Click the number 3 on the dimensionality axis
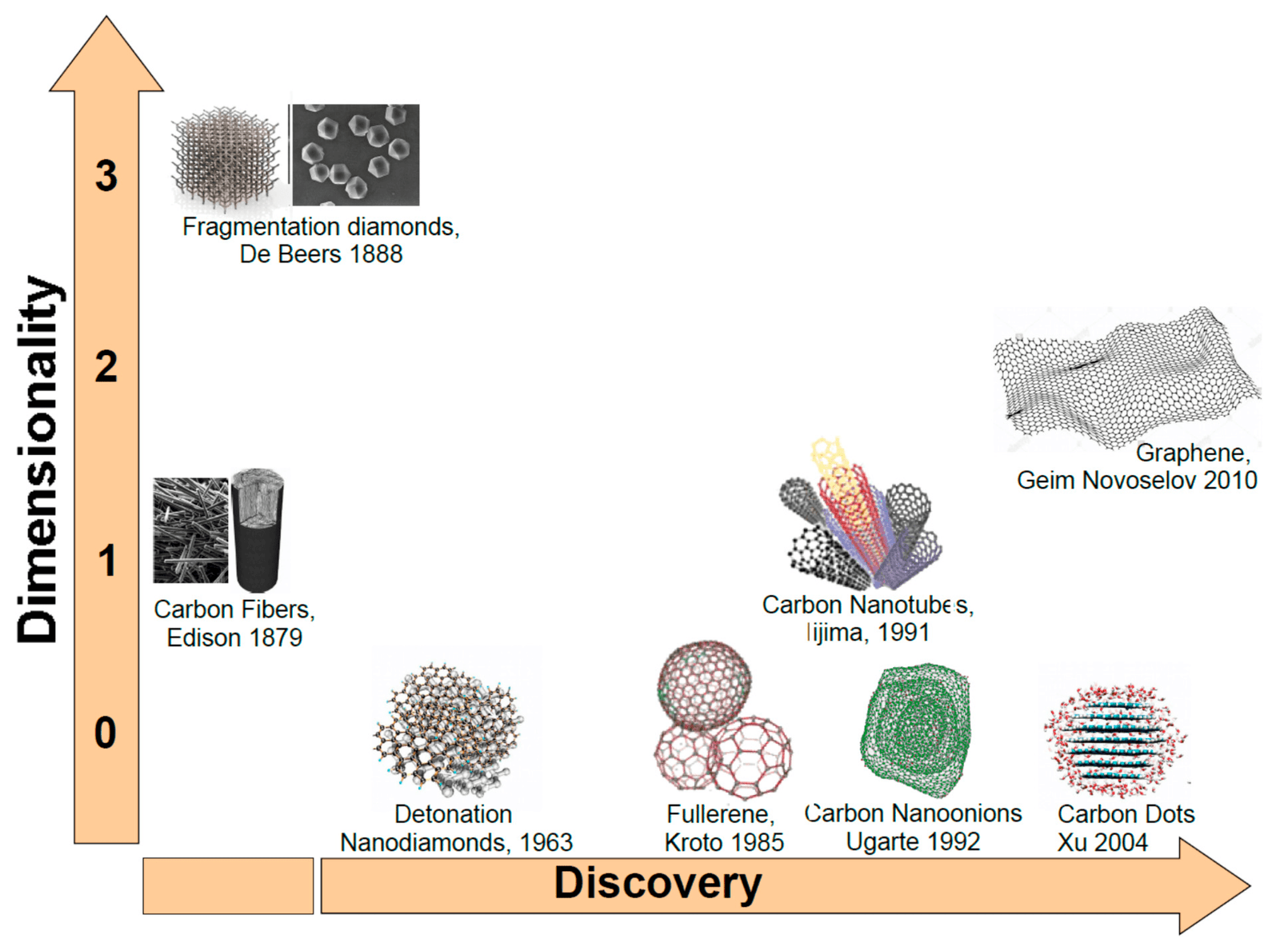click(106, 176)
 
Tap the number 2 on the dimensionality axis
click(106, 367)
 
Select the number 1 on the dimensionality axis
click(106, 561)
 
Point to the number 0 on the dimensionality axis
click(106, 733)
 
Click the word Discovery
click(658, 883)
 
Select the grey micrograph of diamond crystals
click(355, 154)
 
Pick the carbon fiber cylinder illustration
click(257, 529)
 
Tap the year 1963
click(546, 842)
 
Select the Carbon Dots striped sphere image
click(1115, 740)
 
